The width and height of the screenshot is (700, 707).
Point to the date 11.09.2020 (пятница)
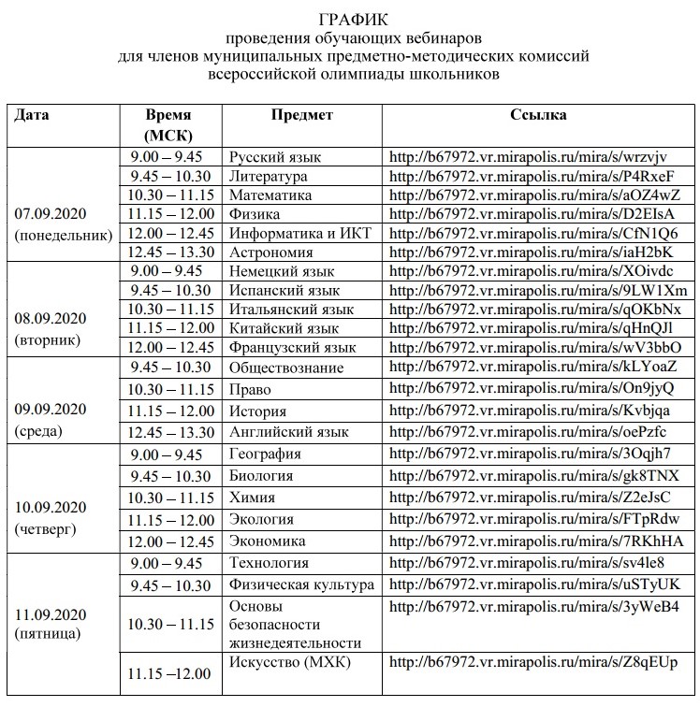coord(51,623)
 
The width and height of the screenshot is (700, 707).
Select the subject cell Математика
coord(270,195)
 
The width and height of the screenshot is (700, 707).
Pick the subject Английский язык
coord(288,432)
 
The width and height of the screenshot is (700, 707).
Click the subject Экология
coord(261,519)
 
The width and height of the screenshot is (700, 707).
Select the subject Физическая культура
coord(301,584)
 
